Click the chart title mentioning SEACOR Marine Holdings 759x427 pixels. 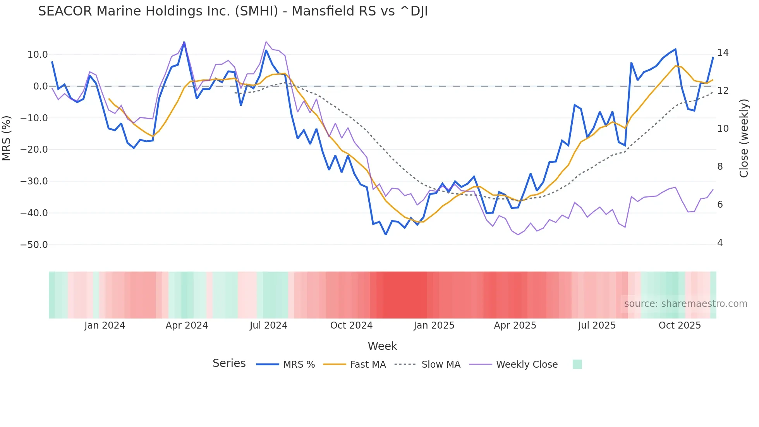233,11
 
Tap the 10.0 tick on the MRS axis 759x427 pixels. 38,55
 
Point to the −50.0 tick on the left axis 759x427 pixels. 34,245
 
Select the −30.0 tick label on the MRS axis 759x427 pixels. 34,181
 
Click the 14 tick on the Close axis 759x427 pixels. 723,53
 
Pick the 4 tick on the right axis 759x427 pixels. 720,243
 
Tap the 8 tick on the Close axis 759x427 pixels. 720,167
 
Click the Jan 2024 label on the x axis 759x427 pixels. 105,325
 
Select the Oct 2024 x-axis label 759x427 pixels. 351,325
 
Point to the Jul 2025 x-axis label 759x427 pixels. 597,325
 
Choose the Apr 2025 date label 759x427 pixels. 515,325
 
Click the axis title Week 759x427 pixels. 382,346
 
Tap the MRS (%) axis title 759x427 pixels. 6,138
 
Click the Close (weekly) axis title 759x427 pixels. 744,138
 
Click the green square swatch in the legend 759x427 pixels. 577,364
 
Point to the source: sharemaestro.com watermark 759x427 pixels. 685,304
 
